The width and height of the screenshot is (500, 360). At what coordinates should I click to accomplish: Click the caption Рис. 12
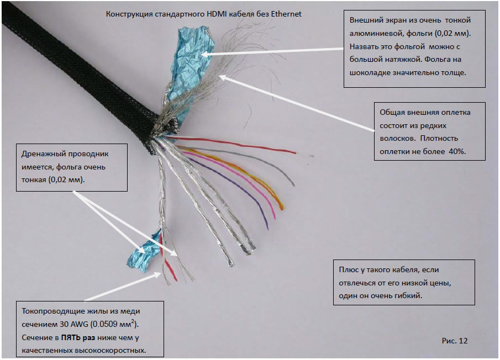coord(455,341)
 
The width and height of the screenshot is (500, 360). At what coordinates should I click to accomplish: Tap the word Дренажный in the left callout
coord(43,154)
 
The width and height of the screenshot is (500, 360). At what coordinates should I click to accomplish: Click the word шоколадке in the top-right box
coord(370,72)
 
